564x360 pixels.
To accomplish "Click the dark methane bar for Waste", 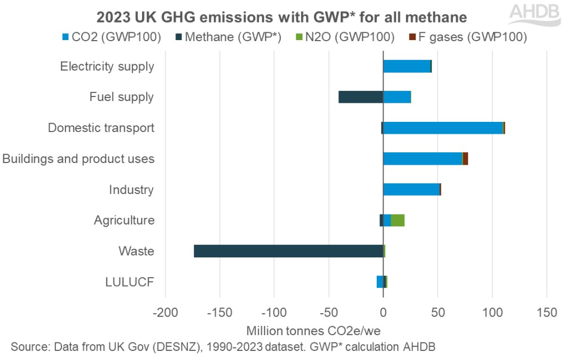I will click(x=288, y=251).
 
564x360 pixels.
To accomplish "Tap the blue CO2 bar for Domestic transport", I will click(x=443, y=128).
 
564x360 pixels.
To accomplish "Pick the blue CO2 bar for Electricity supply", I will click(x=407, y=66).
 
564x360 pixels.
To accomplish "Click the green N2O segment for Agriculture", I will click(x=398, y=220).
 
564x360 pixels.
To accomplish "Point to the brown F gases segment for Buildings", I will click(x=465, y=159).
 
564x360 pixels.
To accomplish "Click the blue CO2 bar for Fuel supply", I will click(x=397, y=97).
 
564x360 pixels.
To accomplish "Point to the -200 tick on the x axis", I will click(x=165, y=312).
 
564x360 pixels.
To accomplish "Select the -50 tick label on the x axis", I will click(x=329, y=312).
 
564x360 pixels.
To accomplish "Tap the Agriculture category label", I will click(x=124, y=220).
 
